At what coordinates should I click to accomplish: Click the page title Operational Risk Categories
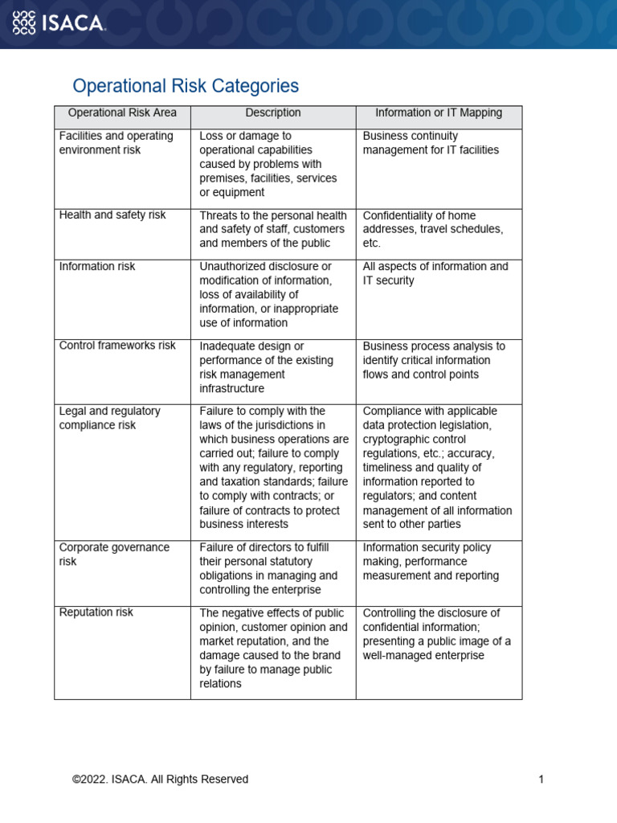(x=186, y=86)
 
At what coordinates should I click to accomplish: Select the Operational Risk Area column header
(x=122, y=113)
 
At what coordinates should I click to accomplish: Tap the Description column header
(x=273, y=113)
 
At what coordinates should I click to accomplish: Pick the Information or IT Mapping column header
(x=439, y=113)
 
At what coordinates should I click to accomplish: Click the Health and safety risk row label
(x=112, y=215)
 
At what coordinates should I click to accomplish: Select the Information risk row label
(x=97, y=266)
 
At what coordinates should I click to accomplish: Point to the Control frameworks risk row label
(x=117, y=346)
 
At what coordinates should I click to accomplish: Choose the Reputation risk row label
(x=96, y=612)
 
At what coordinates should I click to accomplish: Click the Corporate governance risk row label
(x=114, y=555)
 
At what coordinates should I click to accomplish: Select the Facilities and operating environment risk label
(x=116, y=143)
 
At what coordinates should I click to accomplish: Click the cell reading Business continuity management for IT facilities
(x=431, y=143)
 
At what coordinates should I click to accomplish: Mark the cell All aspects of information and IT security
(x=435, y=273)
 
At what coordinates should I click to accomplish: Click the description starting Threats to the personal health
(x=273, y=229)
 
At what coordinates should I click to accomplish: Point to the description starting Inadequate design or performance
(x=265, y=367)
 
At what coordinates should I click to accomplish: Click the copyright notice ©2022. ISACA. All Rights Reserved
(x=160, y=779)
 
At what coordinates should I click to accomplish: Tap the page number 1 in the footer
(x=541, y=779)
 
